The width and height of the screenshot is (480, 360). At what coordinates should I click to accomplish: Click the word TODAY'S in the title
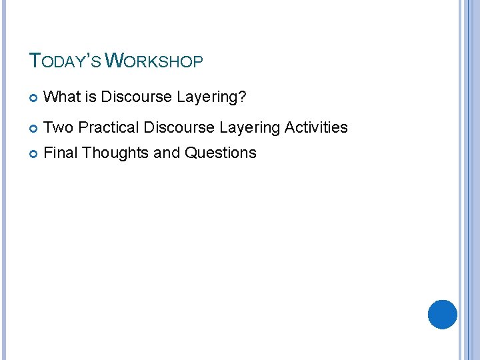(x=65, y=62)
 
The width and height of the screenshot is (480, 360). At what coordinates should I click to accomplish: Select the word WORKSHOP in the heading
(x=155, y=62)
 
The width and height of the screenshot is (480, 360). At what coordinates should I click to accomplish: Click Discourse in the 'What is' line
(x=137, y=97)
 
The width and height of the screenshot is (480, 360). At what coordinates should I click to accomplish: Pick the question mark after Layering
(x=243, y=97)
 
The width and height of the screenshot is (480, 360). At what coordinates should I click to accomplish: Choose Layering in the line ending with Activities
(x=249, y=128)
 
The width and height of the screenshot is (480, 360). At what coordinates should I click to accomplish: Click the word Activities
(x=317, y=127)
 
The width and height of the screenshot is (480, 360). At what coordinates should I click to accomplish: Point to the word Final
(x=61, y=153)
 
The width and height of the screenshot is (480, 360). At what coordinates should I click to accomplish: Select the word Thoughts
(x=116, y=153)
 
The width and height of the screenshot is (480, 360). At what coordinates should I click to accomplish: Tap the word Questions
(x=220, y=153)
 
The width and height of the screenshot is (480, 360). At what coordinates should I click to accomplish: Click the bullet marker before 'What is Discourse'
(x=34, y=98)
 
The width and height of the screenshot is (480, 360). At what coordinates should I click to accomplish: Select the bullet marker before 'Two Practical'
(x=34, y=128)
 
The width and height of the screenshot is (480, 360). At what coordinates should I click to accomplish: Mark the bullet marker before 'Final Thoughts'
(x=34, y=153)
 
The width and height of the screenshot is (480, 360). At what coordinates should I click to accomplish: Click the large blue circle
(x=442, y=315)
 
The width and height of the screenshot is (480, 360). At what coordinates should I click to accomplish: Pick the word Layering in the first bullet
(x=207, y=98)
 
